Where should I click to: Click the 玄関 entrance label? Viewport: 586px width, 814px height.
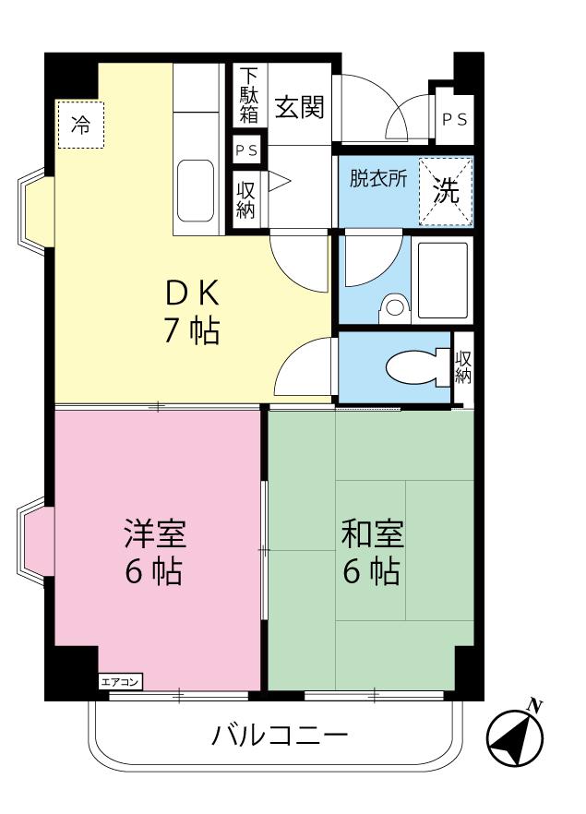tap(300, 107)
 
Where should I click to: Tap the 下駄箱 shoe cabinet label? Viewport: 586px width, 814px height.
tap(248, 96)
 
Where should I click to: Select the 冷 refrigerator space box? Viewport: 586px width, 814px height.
tap(81, 126)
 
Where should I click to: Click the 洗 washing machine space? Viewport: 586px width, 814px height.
tap(446, 191)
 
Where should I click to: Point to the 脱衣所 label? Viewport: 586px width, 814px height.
tap(377, 179)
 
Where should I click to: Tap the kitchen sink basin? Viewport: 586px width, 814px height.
tap(196, 190)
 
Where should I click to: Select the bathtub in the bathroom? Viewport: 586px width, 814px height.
tap(443, 280)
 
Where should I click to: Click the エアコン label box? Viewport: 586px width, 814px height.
tap(120, 682)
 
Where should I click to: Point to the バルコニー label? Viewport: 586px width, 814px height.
tap(280, 735)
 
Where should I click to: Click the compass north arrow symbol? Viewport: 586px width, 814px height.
tap(514, 737)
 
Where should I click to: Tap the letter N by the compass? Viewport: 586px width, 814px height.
tap(534, 706)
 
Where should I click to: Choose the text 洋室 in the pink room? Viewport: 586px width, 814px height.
tap(155, 533)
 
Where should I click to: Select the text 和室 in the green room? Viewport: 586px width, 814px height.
tap(372, 533)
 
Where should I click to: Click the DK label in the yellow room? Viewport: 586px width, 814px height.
tap(192, 293)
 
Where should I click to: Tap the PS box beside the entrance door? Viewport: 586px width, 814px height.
tap(454, 119)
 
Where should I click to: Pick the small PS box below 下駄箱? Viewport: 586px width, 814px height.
tap(246, 150)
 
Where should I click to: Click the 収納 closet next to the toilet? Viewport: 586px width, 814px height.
tap(463, 367)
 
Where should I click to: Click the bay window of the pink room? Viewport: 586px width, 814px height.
tap(35, 541)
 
